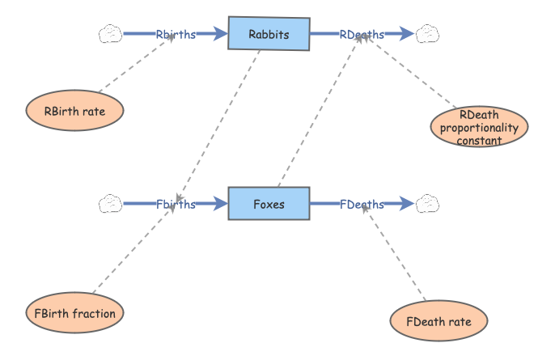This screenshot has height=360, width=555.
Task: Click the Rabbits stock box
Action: pos(269,34)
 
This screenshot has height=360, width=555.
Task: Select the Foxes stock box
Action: pos(269,204)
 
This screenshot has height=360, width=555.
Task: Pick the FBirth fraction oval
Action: pos(74,313)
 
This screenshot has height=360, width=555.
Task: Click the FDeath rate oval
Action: pos(438,321)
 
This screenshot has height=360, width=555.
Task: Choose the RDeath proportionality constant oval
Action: pos(479,127)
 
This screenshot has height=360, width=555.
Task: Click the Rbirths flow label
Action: pos(176,34)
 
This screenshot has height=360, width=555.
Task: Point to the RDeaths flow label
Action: pos(362,34)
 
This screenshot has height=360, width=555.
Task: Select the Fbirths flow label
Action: pos(176,204)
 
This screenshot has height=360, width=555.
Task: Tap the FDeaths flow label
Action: pos(362,204)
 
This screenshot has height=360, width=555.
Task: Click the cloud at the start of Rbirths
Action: pos(110,34)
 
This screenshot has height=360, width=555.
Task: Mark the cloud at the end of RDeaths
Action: pos(427,34)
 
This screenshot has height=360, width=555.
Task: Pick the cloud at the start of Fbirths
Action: pos(110,204)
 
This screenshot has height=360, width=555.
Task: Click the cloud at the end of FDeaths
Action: pos(427,204)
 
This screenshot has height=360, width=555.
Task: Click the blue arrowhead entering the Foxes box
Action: pos(220,204)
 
